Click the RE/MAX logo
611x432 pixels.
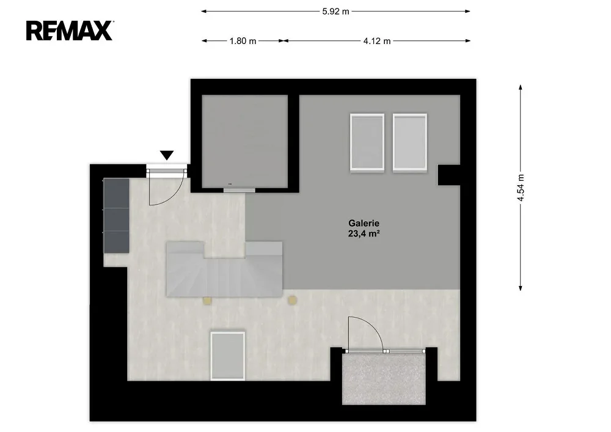click(70, 31)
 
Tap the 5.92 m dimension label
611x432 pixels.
click(335, 11)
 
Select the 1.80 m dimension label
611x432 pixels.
click(243, 41)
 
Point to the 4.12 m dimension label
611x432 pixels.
click(377, 41)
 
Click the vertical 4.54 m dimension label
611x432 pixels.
click(521, 188)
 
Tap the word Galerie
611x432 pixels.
click(364, 223)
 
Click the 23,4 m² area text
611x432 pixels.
click(364, 234)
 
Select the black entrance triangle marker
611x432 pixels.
click(167, 155)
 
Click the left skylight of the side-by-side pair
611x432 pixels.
click(367, 142)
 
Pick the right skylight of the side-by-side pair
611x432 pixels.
click(410, 142)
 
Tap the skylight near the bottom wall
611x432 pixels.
click(227, 356)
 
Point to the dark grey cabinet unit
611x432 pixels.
click(116, 216)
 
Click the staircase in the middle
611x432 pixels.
click(224, 269)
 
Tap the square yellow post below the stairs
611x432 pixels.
click(207, 301)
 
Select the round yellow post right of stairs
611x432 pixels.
click(292, 300)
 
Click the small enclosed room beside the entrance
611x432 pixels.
click(245, 141)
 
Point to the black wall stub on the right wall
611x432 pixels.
click(449, 175)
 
